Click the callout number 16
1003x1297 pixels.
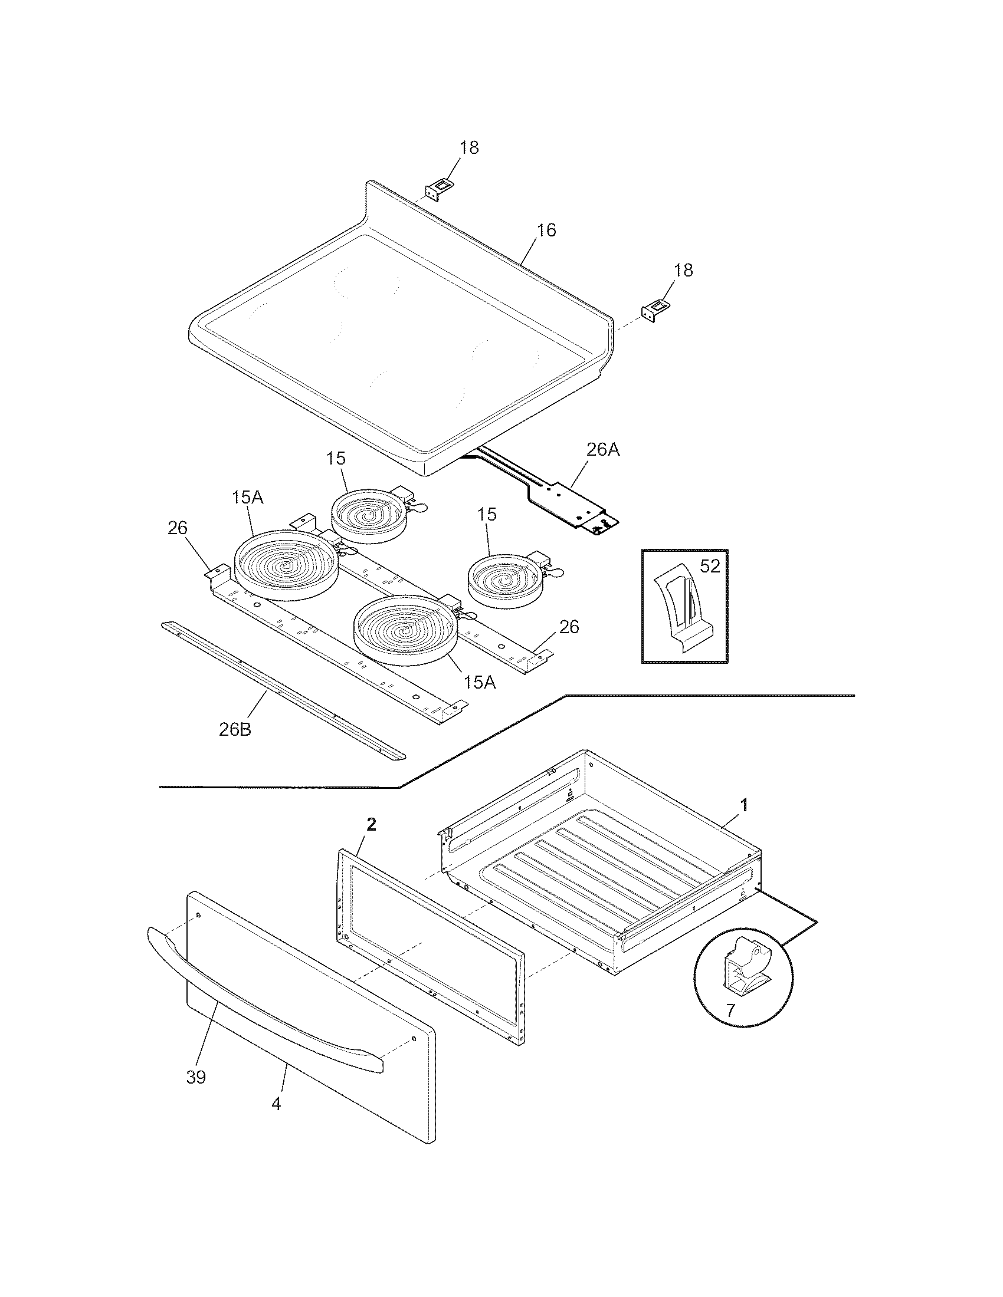[x=546, y=231]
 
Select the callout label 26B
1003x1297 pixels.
[x=235, y=729]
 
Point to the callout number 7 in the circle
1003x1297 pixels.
[x=730, y=1009]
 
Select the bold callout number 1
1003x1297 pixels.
[x=743, y=805]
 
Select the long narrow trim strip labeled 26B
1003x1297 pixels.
[x=282, y=692]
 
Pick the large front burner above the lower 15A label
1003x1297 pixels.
[x=406, y=629]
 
